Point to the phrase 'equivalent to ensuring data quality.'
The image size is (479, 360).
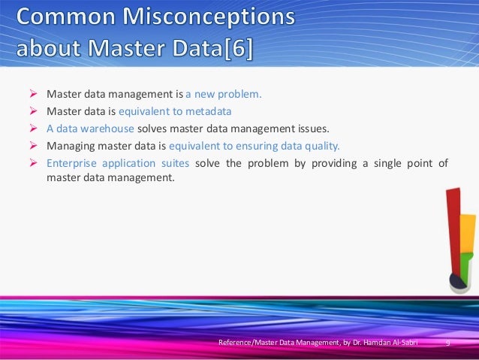255,146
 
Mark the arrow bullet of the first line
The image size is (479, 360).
33,95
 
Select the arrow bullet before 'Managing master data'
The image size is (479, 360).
33,146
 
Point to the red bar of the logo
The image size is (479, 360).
453,225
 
